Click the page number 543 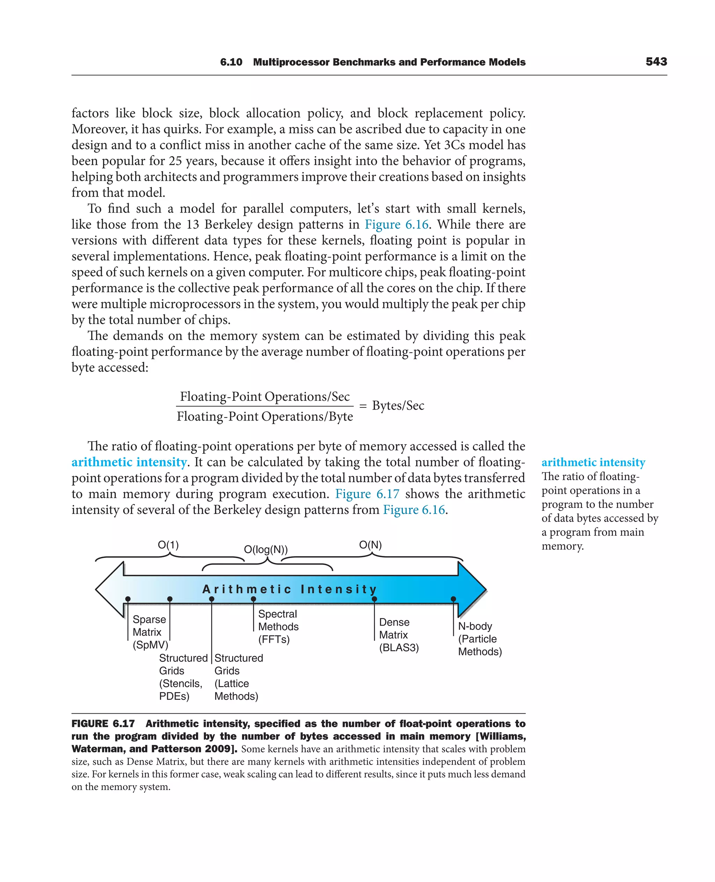656,62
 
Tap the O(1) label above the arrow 168,545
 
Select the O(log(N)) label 266,550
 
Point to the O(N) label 370,545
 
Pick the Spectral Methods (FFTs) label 278,627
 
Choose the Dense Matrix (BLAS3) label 398,635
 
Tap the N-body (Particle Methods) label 480,639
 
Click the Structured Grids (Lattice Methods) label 238,677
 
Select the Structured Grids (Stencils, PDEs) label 183,677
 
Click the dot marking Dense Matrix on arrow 374,599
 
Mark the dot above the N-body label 454,599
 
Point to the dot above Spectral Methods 253,599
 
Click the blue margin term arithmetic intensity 593,462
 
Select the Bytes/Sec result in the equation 398,406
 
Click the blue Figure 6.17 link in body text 367,494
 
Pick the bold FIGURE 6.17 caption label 103,724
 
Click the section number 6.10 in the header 231,62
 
